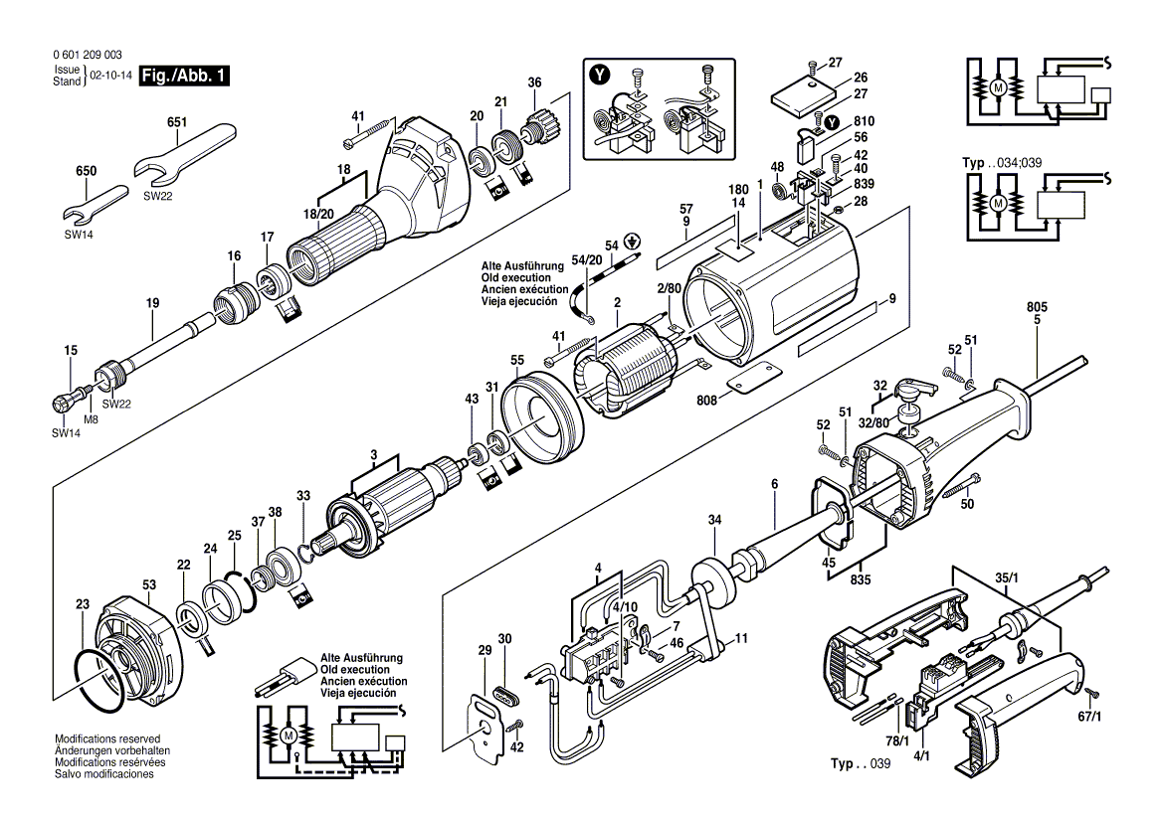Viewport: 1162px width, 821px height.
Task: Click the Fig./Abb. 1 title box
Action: pos(184,76)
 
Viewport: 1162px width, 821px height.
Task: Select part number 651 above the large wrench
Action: pos(176,121)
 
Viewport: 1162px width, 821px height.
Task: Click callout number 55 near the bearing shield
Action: pos(516,359)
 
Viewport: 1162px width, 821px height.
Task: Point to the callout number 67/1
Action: pos(1091,717)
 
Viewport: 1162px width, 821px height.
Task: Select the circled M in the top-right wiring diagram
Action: pos(997,87)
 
